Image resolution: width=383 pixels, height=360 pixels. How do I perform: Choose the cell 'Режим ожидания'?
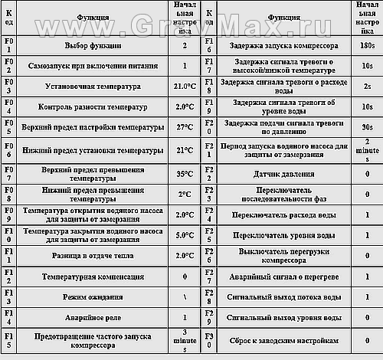(93, 296)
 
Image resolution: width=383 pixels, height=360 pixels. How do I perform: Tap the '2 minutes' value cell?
(367, 148)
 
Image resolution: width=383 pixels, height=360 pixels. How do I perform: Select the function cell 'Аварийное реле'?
(93, 316)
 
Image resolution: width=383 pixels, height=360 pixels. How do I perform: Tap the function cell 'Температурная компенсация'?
(93, 275)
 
